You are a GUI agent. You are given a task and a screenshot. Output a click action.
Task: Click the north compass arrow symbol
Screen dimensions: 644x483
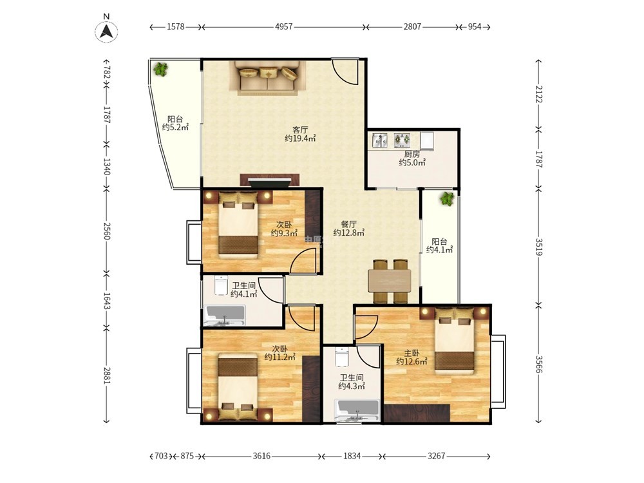point(106,31)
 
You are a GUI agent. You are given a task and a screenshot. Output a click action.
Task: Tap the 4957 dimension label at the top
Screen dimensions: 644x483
point(284,26)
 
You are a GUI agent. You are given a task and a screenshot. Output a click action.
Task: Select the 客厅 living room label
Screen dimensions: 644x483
point(300,130)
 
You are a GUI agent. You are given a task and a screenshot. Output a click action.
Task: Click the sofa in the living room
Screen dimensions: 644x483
point(268,79)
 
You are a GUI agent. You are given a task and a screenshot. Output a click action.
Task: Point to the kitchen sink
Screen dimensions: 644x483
point(380,140)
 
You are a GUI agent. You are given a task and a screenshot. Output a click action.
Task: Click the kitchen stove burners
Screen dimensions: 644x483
point(402,140)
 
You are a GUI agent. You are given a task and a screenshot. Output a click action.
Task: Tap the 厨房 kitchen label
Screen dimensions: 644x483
point(412,154)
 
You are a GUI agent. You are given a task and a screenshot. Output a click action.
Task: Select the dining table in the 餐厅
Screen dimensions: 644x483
point(390,281)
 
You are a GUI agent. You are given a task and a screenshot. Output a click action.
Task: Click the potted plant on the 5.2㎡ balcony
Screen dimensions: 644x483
point(160,69)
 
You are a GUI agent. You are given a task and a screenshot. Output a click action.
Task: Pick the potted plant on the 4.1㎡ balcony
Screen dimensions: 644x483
point(447,199)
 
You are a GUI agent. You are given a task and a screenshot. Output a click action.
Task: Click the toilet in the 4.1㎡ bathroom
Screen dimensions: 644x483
point(221,285)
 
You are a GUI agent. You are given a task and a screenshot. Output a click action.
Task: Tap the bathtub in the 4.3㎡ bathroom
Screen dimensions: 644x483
point(357,410)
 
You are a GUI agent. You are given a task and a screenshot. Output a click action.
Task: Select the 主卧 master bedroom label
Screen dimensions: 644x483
point(412,353)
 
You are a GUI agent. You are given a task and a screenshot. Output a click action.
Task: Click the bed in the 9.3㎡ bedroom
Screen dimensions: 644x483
point(239,224)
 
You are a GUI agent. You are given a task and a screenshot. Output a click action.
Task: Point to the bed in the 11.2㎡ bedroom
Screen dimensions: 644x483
point(238,386)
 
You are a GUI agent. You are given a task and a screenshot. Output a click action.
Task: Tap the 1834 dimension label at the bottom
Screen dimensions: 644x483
point(352,456)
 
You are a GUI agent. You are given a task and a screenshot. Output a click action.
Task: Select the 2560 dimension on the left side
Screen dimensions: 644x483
point(107,231)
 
